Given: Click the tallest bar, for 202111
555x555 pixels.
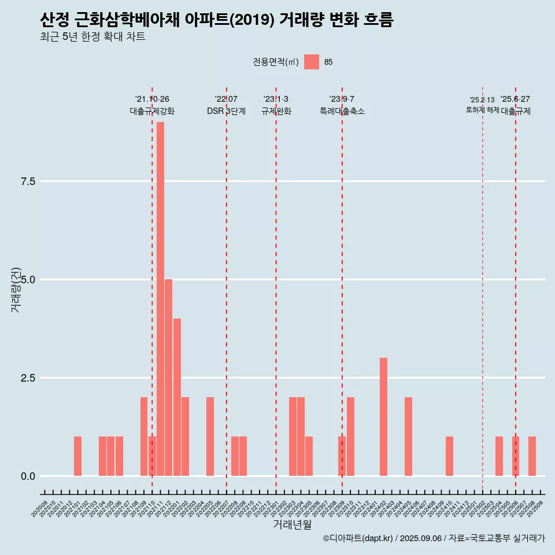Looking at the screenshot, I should click(160, 298).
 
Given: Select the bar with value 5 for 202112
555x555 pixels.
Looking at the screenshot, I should click(168, 378).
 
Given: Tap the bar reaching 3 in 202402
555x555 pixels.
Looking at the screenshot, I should click(383, 417).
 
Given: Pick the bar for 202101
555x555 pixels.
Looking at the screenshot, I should click(77, 456).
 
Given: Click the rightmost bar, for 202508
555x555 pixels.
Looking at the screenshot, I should click(532, 456).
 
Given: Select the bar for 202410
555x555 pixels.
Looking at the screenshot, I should click(449, 456).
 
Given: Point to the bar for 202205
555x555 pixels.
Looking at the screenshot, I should click(210, 436).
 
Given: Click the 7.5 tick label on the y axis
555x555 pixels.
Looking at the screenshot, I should click(28, 182).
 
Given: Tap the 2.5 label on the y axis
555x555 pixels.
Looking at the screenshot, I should click(28, 378).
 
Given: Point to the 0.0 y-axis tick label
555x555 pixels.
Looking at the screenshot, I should click(28, 476).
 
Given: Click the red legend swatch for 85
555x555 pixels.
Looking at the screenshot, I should click(312, 62).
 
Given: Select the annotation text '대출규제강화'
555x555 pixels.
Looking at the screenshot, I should click(152, 111).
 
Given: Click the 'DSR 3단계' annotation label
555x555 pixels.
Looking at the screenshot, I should click(226, 111).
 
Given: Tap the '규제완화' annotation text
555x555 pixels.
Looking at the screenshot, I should click(276, 111).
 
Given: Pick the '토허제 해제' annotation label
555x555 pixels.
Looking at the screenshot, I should click(482, 110).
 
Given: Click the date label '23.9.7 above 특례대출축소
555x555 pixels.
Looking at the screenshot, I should click(342, 99).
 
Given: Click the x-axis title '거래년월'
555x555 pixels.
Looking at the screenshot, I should click(292, 525).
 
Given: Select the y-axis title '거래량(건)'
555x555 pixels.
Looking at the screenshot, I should click(16, 289).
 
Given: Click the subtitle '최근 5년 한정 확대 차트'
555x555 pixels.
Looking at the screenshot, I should click(92, 37).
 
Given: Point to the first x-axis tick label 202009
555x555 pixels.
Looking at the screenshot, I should click(40, 510).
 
